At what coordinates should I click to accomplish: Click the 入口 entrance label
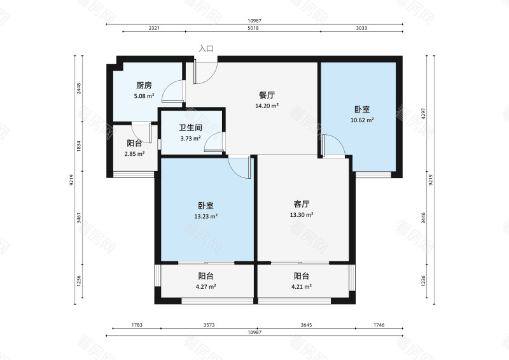[206, 48]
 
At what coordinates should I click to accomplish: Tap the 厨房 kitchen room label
[143, 86]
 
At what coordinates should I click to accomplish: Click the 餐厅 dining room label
[266, 95]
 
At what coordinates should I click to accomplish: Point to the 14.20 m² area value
[266, 106]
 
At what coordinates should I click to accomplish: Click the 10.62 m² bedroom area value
[362, 120]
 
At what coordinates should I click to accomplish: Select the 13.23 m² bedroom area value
[206, 216]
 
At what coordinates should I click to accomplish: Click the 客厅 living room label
[301, 204]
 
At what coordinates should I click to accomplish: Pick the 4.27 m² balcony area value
[206, 287]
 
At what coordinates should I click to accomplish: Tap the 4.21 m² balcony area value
[301, 287]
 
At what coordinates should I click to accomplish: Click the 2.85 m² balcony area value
[134, 154]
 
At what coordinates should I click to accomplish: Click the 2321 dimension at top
[154, 29]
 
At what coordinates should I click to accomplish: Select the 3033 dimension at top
[361, 29]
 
